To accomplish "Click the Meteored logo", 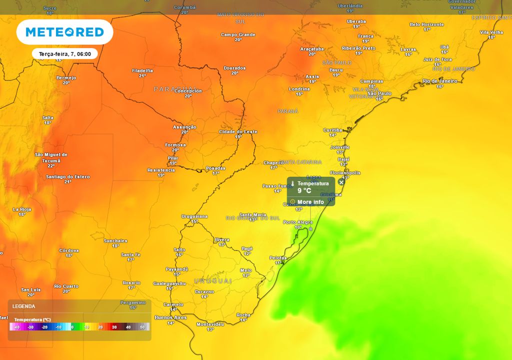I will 64,32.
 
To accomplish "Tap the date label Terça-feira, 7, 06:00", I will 64,54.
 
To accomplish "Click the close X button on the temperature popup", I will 341,182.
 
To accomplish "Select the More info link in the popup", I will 310,202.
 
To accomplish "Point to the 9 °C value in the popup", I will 304,190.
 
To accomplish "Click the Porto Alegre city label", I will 298,222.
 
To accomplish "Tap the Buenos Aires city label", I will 170,317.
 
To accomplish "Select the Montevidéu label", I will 210,324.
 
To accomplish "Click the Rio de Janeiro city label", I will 439,81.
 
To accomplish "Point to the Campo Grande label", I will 238,34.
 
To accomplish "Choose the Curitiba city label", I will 332,129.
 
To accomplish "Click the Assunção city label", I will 184,127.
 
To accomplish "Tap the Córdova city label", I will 69,250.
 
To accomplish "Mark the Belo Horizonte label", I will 426,24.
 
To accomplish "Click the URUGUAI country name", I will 213,281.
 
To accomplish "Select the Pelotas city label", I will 278,257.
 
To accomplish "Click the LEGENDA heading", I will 24,306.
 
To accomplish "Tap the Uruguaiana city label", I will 194,216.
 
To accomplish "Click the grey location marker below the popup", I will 310,228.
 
